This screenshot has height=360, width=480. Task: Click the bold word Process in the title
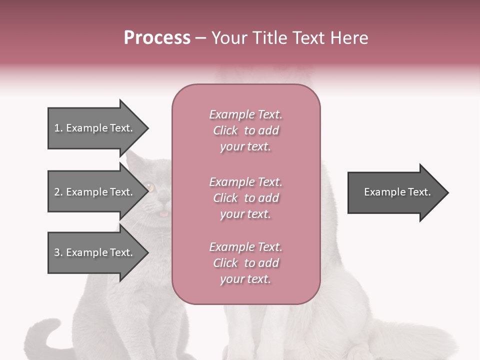coord(157,38)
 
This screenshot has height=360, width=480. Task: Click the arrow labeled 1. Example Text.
coord(95,128)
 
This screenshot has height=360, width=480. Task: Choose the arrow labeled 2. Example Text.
coord(95,192)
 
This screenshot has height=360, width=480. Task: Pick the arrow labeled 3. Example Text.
coord(95,252)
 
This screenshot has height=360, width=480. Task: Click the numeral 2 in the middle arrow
coord(57,192)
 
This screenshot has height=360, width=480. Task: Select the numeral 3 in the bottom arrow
coord(57,252)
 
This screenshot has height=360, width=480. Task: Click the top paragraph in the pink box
coord(245,130)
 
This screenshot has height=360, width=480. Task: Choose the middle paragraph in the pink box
coord(245,198)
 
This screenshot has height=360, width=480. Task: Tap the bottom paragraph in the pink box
coord(245,263)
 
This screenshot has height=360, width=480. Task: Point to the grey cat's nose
coord(164,204)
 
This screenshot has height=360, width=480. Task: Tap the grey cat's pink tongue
coord(163,214)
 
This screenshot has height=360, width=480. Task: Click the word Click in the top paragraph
coord(225,130)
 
